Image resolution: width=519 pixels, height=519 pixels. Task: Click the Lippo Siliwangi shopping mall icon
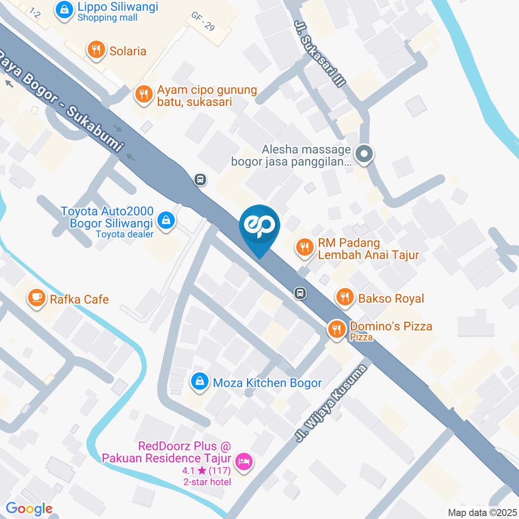click(64, 10)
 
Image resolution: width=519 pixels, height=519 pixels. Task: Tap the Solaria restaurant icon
click(96, 51)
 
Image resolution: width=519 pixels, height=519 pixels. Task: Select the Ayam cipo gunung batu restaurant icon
click(143, 95)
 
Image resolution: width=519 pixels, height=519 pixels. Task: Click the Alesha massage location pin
click(365, 154)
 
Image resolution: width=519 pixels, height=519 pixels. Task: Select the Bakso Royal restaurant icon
click(344, 297)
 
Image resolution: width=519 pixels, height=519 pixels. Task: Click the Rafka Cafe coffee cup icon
click(37, 298)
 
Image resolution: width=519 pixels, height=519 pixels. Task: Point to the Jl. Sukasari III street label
click(319, 54)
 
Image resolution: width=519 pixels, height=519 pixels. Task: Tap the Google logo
click(29, 508)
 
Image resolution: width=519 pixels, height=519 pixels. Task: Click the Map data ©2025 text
click(481, 512)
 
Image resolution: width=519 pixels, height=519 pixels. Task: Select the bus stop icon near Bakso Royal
click(300, 293)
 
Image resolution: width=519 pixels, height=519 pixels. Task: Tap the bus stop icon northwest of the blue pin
click(200, 179)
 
